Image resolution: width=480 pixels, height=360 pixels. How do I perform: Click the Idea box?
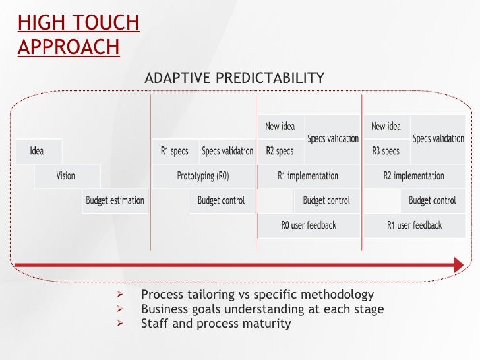[x=38, y=151]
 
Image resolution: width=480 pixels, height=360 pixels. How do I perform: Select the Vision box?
[x=67, y=176]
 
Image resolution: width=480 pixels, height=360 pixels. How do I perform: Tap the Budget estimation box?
[x=115, y=201]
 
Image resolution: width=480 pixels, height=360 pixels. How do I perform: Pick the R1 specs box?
[x=175, y=151]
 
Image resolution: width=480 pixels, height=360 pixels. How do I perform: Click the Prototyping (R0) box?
[x=203, y=176]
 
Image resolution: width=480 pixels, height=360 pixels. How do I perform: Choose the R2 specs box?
[x=281, y=151]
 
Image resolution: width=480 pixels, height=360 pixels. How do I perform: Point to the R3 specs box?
[x=387, y=151]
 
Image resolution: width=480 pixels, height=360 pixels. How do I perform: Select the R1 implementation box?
[x=309, y=176]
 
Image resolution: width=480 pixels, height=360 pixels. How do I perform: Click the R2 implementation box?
[x=415, y=176]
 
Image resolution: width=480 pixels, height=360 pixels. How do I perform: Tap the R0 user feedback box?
[x=309, y=225]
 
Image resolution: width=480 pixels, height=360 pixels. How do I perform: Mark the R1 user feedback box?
[x=415, y=225]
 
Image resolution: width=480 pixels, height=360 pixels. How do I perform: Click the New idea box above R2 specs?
[x=281, y=127]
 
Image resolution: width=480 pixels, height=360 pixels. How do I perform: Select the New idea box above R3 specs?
[x=387, y=127]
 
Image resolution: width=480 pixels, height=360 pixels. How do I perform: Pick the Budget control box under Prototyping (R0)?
[x=222, y=201]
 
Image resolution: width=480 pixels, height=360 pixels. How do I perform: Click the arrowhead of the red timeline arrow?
[x=459, y=265]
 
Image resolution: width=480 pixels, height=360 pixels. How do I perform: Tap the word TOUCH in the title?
[x=107, y=22]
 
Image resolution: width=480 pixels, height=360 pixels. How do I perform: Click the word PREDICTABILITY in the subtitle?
[x=270, y=78]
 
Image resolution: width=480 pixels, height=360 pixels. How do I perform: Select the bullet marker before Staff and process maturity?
[x=120, y=323]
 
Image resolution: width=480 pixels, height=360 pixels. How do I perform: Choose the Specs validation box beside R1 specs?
[x=227, y=151]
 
